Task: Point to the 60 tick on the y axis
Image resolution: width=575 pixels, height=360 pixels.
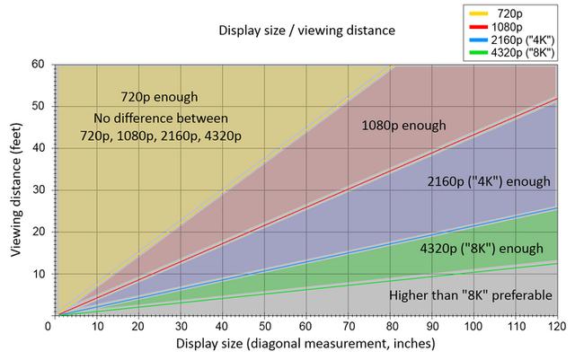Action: (38, 64)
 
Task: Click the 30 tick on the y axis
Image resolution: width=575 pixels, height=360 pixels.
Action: (38, 189)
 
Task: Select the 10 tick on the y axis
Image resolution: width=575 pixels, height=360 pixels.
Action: (38, 274)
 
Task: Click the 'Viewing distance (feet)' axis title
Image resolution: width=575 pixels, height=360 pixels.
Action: (17, 190)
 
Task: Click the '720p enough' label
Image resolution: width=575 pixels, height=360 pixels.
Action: (159, 97)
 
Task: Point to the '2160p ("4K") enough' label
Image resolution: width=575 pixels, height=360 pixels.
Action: (488, 181)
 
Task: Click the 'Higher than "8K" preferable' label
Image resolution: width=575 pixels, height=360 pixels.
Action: (469, 295)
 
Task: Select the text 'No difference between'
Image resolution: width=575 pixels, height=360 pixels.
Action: (160, 118)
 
